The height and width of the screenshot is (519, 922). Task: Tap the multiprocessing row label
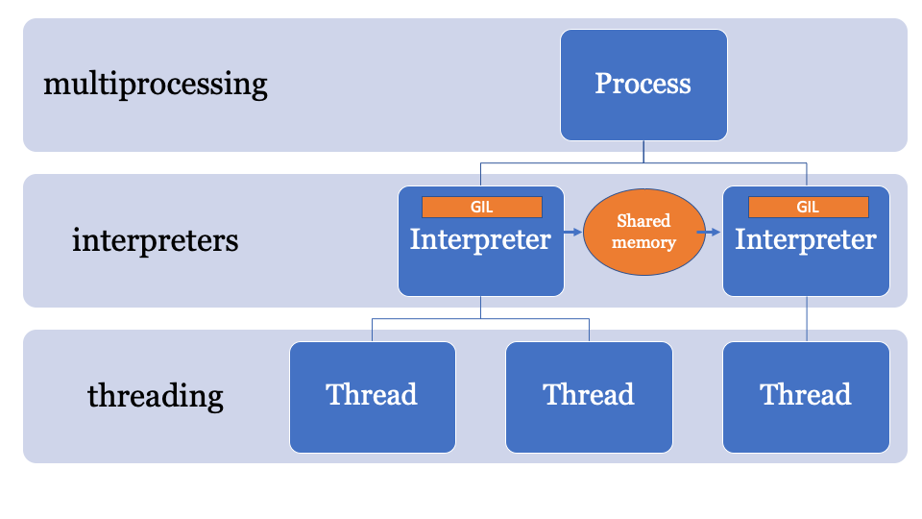coord(156,85)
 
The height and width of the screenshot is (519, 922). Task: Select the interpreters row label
coord(156,239)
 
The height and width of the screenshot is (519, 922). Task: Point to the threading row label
coord(156,395)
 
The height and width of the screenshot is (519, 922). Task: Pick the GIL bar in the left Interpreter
coord(481,207)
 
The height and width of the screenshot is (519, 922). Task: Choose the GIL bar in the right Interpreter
coord(808,207)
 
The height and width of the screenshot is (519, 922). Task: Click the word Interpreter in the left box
coord(480,239)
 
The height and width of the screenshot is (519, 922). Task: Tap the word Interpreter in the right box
coord(806,239)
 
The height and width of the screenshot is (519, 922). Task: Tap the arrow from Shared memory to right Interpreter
coord(712,232)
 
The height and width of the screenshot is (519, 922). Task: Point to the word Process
coord(643,84)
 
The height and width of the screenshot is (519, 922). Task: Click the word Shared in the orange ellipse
coord(643,221)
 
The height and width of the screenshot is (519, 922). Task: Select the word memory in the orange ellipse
coord(643,242)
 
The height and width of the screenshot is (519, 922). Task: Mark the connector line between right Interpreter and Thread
coord(807,318)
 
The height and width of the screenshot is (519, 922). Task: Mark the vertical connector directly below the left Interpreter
coord(480,307)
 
